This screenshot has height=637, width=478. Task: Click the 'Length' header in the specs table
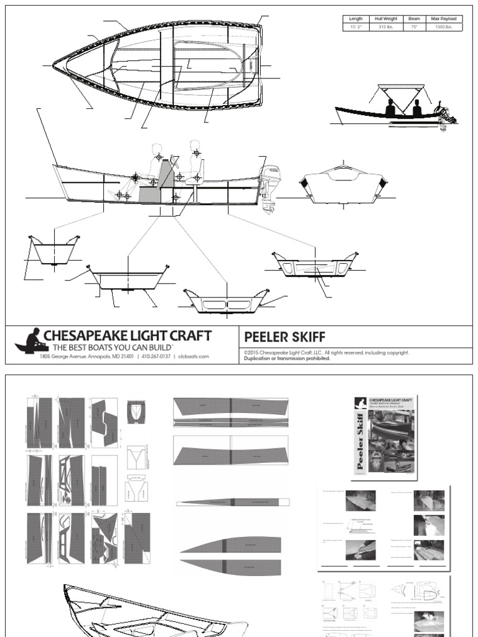click(355, 19)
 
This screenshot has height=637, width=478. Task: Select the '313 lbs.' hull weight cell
click(387, 27)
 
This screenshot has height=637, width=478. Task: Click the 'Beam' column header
click(414, 19)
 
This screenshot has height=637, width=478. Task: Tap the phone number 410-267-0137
click(156, 356)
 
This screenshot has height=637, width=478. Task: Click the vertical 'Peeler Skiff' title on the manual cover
click(360, 445)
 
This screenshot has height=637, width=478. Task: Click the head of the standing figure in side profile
click(195, 146)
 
